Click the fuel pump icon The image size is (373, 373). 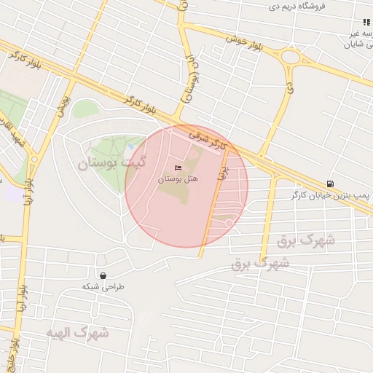pyautogui.click(x=331, y=184)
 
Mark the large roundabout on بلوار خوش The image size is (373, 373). pyautogui.click(x=291, y=56)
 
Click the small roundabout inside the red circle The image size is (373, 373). pyautogui.click(x=229, y=221)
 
